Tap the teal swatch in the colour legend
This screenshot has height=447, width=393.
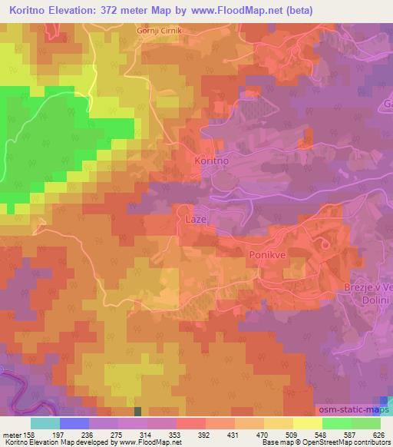coord(45,423)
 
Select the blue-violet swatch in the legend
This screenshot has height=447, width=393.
coord(74,423)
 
